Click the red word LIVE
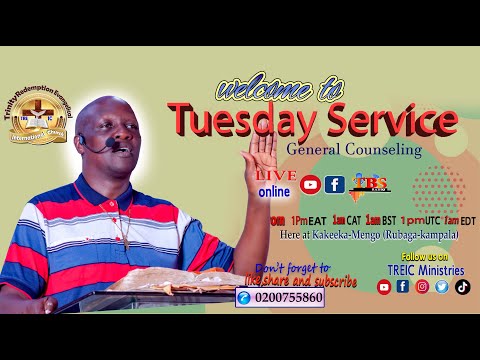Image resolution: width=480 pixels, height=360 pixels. click(x=276, y=173)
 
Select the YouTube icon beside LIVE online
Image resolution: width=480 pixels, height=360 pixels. click(x=311, y=184)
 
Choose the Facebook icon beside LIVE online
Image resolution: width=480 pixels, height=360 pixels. click(x=334, y=184)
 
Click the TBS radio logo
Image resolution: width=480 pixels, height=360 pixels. click(x=370, y=183)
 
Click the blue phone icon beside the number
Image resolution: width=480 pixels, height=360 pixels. click(x=244, y=298)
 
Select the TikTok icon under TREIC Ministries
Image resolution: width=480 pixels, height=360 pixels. click(x=462, y=286)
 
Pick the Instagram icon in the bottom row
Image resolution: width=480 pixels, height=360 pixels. click(x=422, y=286)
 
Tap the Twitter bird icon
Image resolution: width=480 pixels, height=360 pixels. click(x=442, y=286)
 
